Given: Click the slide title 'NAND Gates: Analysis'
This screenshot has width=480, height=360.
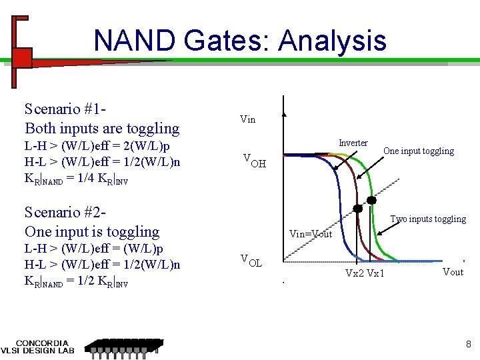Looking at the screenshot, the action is coord(240,41).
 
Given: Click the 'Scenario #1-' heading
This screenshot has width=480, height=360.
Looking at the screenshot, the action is coord(67,109).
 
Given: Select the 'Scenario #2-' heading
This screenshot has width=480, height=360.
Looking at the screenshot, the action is coord(67,212).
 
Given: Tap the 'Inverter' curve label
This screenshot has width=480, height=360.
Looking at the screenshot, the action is coord(353,143).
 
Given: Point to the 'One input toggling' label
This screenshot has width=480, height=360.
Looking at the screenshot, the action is coord(418,151).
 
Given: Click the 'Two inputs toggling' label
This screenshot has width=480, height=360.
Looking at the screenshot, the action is coord(428,219).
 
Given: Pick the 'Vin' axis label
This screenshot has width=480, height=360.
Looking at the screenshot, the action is coord(247,119).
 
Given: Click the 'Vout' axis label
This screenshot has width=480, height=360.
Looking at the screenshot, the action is coord(453,271).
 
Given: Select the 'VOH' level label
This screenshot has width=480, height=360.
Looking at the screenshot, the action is coord(254,161).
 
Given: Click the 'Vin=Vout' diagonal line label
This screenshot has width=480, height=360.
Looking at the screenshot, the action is coord(311,234).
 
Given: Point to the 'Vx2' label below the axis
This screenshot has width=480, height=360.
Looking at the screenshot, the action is coord(355,273).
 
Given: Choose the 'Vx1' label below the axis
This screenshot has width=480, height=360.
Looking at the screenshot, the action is coord(375,273).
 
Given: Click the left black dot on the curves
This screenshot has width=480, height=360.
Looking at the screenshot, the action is coord(357,208).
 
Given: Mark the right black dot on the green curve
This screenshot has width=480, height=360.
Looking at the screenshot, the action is coord(371,200).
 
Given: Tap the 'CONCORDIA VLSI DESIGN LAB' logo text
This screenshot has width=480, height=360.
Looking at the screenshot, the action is coord(41,347).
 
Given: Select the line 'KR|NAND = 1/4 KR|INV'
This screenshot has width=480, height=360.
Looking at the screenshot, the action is coord(76,180).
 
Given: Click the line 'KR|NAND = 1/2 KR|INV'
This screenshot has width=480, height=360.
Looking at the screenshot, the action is coord(76,283).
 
